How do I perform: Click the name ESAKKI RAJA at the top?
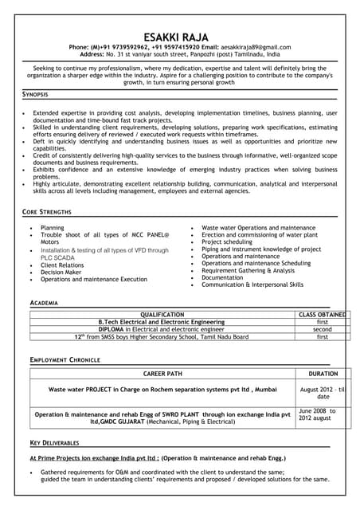[x=179, y=37]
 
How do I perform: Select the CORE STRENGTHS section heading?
[x=47, y=212]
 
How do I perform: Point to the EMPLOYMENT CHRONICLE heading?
[x=65, y=360]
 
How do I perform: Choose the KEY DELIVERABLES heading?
[x=55, y=441]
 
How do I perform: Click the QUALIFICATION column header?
[x=161, y=315]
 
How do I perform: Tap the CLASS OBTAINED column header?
[x=322, y=315]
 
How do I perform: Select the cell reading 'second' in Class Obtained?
[x=322, y=329]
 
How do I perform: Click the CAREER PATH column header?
[x=163, y=373]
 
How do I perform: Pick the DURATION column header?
[x=323, y=373]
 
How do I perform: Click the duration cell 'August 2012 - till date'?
[x=323, y=393]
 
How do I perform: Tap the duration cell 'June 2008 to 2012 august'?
[x=317, y=415]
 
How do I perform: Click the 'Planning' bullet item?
[x=53, y=228]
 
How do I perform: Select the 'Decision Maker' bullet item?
[x=61, y=272]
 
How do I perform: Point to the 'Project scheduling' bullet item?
[x=227, y=242]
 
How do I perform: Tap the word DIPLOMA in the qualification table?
[x=111, y=329]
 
